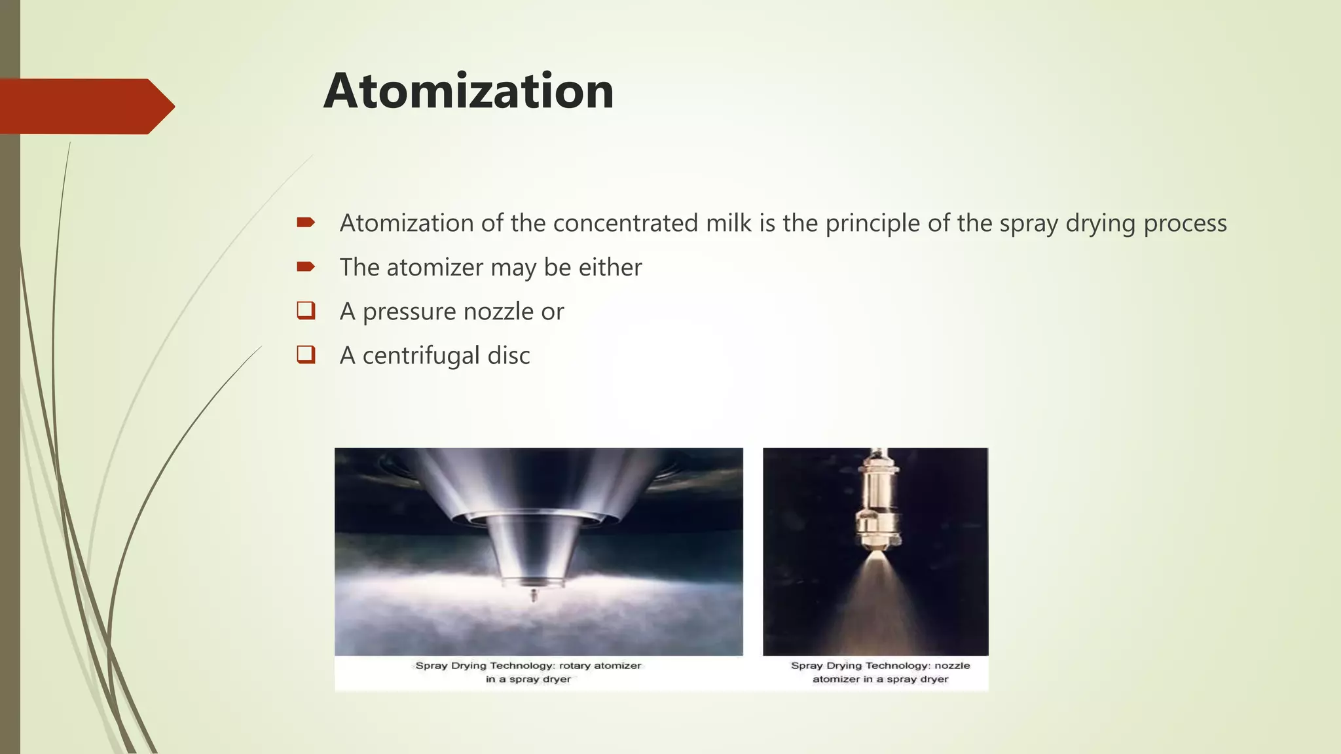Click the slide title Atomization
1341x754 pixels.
pos(468,91)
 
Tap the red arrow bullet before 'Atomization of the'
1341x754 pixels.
pos(306,223)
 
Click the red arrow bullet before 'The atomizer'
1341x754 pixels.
pos(306,266)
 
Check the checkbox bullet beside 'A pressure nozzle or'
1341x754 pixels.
pos(306,310)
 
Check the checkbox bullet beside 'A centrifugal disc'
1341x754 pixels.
pos(306,354)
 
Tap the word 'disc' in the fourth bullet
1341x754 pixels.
pos(509,355)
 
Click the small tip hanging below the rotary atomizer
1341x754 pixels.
pos(534,596)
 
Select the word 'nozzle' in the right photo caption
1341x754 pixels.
pos(952,666)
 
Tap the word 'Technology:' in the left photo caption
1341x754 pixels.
pos(523,666)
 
